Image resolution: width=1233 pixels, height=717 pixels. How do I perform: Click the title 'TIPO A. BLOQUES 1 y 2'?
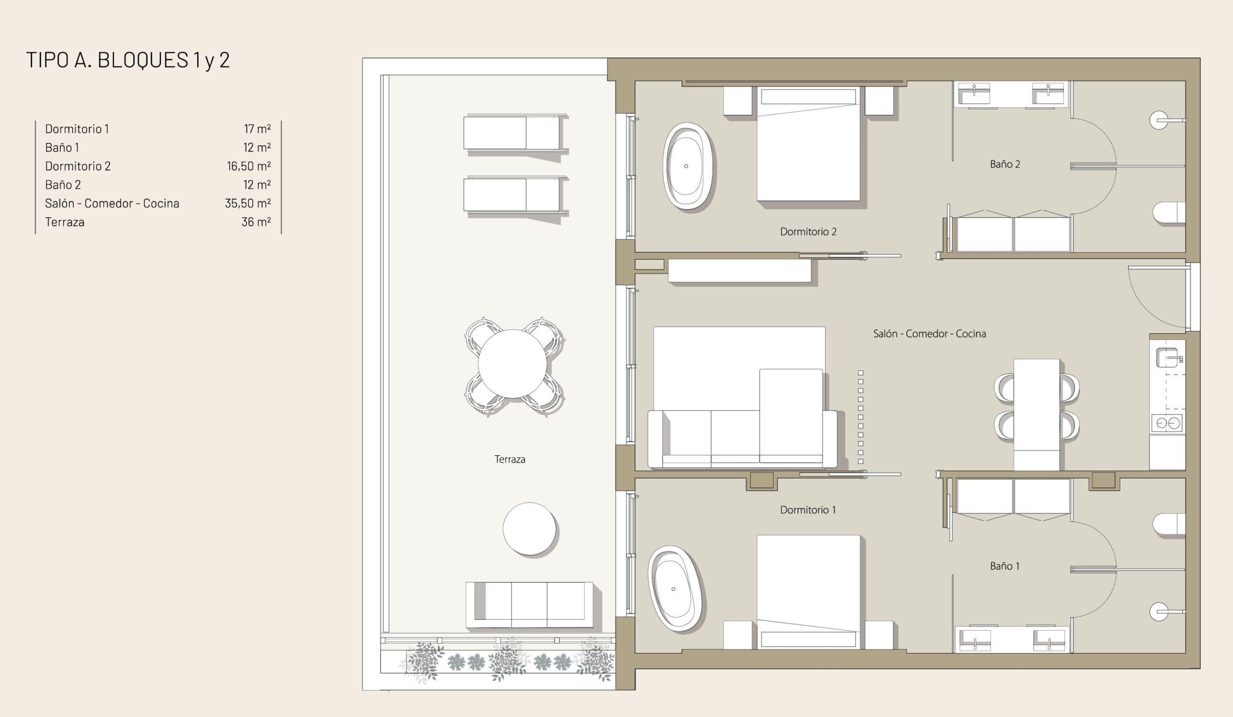(128, 60)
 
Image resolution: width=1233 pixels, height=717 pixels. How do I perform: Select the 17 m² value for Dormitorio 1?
(257, 129)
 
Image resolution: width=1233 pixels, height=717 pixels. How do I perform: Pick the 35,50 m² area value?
(248, 203)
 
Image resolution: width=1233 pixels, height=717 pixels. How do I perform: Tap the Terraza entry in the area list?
(65, 222)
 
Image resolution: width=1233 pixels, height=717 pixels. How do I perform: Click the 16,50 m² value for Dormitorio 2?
(249, 166)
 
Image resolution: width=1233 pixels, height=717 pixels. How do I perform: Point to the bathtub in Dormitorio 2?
(687, 166)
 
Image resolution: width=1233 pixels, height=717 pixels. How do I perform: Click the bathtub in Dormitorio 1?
(675, 589)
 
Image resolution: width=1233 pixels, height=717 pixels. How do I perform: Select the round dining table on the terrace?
(512, 364)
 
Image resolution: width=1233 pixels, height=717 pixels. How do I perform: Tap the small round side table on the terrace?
(529, 529)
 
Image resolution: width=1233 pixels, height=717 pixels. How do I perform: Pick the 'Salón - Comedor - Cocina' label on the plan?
(929, 334)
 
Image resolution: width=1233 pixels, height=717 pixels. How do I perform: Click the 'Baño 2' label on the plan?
(1005, 164)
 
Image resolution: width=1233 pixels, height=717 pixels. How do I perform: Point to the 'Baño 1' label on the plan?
(1005, 566)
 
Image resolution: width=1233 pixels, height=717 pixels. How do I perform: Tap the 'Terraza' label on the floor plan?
(510, 460)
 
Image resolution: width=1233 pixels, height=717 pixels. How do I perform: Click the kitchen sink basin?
(1167, 357)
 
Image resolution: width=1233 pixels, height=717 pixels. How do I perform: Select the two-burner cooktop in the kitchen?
(1167, 423)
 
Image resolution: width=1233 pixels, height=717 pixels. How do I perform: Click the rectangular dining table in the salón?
(1037, 414)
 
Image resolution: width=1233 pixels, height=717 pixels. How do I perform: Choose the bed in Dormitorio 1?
(808, 592)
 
